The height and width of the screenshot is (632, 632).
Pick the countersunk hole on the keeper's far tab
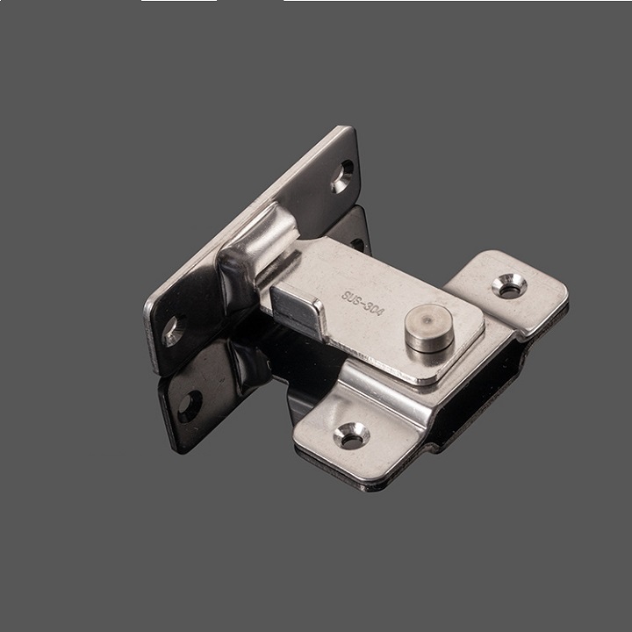click(x=509, y=283)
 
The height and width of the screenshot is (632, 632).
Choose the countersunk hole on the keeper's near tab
click(x=353, y=434)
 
